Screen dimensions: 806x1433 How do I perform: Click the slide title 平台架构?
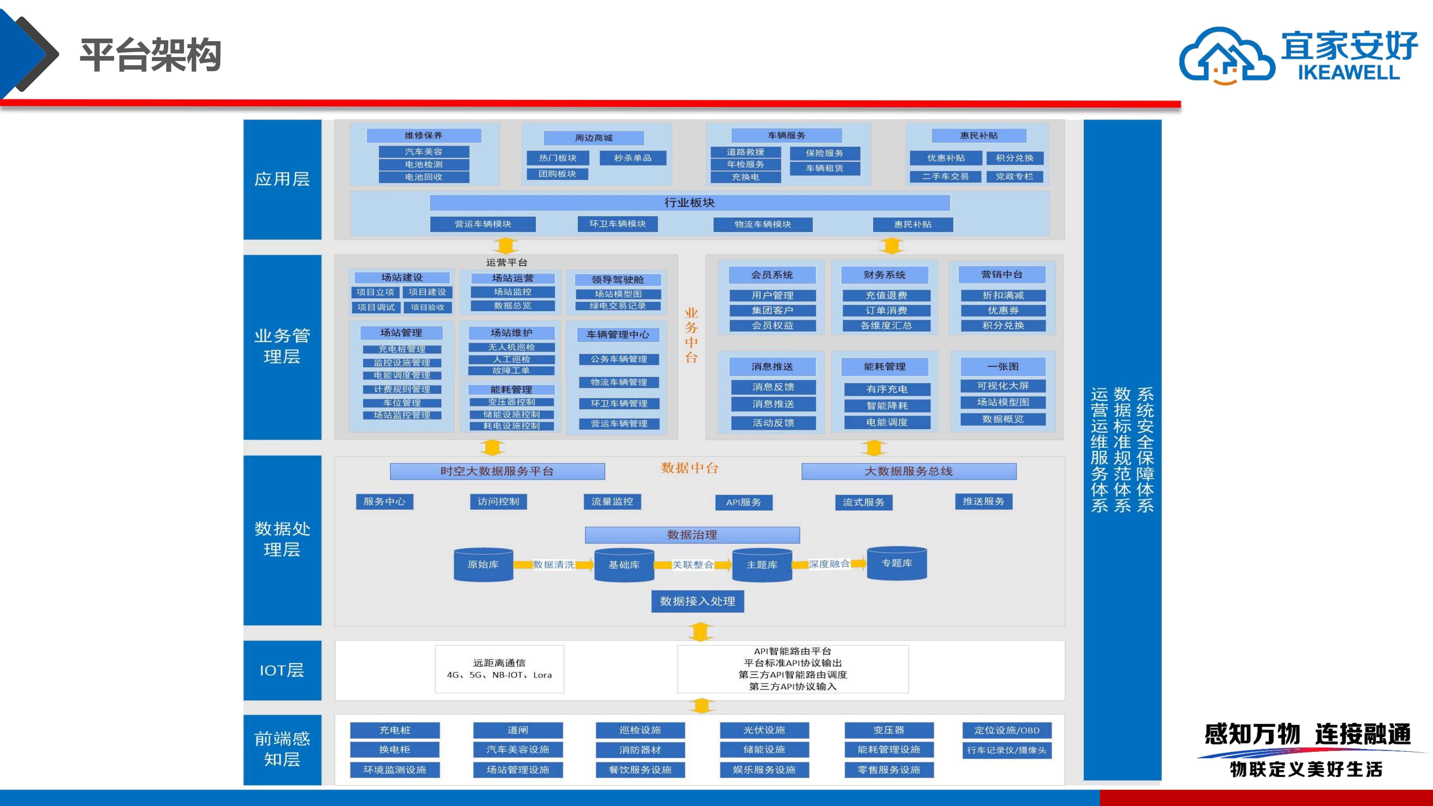(x=151, y=55)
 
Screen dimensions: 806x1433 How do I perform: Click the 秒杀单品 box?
(x=633, y=158)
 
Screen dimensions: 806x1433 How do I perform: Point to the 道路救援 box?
(x=745, y=152)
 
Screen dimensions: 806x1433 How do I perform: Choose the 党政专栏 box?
(x=1014, y=176)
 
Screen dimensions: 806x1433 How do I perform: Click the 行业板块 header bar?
(x=689, y=202)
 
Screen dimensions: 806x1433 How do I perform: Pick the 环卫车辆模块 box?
(x=617, y=224)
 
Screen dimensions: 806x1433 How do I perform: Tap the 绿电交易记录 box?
(x=618, y=306)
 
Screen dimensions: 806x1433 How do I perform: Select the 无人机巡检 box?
(x=511, y=347)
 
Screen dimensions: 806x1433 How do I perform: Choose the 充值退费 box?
(x=886, y=295)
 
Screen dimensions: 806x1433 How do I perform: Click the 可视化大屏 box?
(x=1003, y=386)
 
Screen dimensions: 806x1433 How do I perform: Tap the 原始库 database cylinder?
(x=483, y=564)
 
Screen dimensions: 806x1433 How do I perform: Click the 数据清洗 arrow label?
(x=554, y=564)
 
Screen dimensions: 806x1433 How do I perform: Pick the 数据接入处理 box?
(x=697, y=601)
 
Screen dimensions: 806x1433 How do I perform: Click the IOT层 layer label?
(x=282, y=670)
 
